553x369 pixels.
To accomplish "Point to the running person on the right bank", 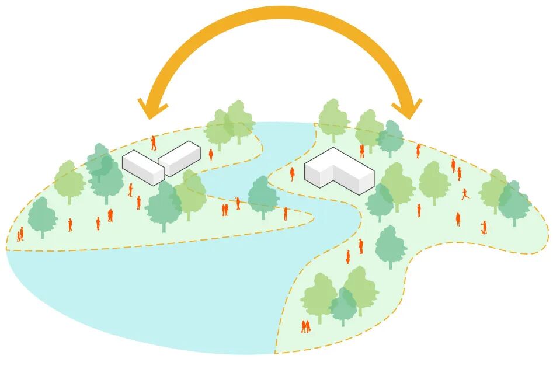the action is pyautogui.click(x=465, y=193).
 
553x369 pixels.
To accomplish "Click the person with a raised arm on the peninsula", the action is pyautogui.click(x=237, y=203).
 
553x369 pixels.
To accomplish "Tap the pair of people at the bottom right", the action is pyautogui.click(x=305, y=326).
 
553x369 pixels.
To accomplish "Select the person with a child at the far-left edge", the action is pyautogui.click(x=20, y=235).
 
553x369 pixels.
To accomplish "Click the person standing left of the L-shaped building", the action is pyautogui.click(x=292, y=173).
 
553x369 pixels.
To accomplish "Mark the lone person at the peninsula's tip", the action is pyautogui.click(x=286, y=214).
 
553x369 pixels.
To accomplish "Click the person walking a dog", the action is pyautogui.click(x=484, y=227).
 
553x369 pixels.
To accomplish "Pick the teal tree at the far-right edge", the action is pyautogui.click(x=514, y=202).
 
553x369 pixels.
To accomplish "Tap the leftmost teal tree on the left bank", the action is pyautogui.click(x=43, y=216).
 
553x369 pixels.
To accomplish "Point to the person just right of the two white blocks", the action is pyautogui.click(x=211, y=154).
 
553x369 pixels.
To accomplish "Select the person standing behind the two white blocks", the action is pyautogui.click(x=154, y=142).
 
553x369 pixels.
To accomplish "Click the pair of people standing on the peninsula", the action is pyautogui.click(x=224, y=210).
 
